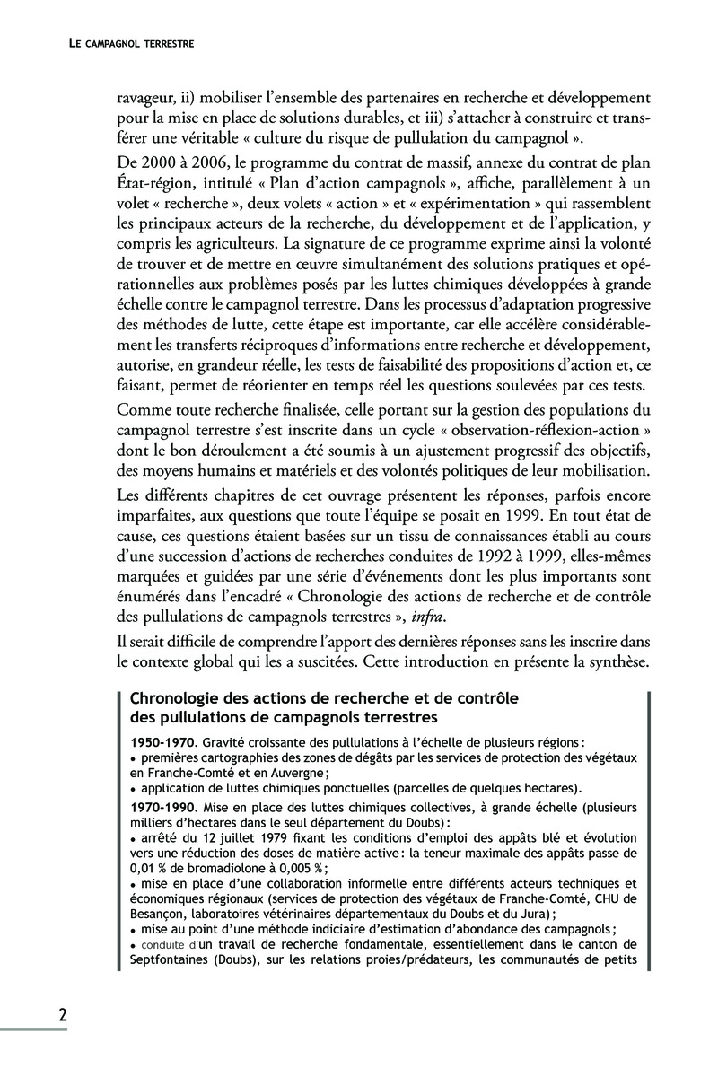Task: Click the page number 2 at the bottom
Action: (62, 1015)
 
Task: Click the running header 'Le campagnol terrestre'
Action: (132, 42)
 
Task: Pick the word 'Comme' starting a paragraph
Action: (141, 409)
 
